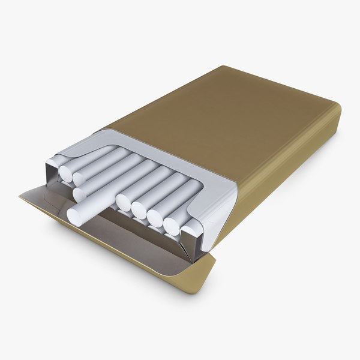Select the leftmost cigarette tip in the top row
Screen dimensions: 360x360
point(65,174)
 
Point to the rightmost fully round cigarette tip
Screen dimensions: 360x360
point(171,226)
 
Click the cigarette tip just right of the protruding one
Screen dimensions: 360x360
point(124,203)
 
